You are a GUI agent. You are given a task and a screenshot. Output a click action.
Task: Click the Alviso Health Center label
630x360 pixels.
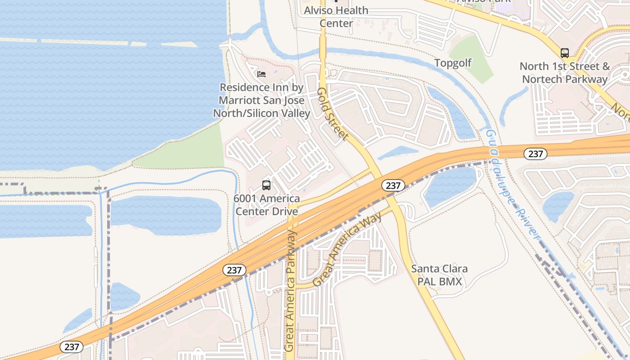pos(336,17)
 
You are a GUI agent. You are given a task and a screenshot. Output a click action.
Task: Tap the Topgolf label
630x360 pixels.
pos(453,63)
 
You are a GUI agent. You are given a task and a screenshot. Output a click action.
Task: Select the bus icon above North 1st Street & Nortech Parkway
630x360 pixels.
pos(565,53)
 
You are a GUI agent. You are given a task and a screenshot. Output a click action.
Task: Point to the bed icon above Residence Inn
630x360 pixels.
pos(261,74)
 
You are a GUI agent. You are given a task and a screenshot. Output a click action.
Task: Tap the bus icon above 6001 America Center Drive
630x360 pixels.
pos(266,185)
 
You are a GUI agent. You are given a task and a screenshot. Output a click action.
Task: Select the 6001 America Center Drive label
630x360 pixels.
pos(266,205)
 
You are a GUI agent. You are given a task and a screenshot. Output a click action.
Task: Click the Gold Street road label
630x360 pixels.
pos(333,113)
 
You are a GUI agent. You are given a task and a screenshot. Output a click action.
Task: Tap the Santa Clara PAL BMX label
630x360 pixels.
pos(439,275)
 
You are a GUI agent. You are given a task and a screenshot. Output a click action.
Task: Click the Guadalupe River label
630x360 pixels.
pos(513,184)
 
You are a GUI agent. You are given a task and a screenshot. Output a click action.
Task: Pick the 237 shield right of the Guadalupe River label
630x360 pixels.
pos(535,154)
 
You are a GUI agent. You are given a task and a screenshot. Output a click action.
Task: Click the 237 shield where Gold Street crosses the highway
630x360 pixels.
pos(393,185)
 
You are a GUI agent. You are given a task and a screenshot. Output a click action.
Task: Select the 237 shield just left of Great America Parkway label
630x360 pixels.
pos(234,270)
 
